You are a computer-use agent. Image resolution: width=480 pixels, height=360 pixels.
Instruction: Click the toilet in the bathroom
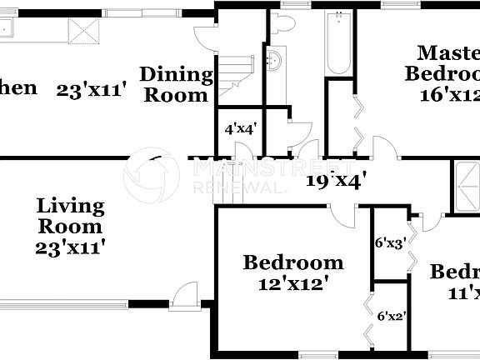(285, 24)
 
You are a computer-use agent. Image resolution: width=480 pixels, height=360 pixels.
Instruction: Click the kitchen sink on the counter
(7, 30)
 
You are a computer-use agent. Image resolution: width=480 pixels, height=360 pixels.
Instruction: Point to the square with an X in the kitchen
(84, 32)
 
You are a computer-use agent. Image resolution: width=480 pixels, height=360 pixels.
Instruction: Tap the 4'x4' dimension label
(240, 129)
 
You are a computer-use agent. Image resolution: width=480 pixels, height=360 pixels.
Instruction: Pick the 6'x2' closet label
(392, 317)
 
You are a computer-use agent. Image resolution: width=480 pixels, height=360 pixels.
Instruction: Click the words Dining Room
(174, 84)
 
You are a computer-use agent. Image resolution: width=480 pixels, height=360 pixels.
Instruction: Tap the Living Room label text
(71, 215)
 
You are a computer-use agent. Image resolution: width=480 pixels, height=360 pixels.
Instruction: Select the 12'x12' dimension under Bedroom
(292, 282)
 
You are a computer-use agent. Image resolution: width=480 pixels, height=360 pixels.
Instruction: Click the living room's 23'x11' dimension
(71, 247)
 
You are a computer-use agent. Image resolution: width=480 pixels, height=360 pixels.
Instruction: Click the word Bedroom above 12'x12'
(292, 262)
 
